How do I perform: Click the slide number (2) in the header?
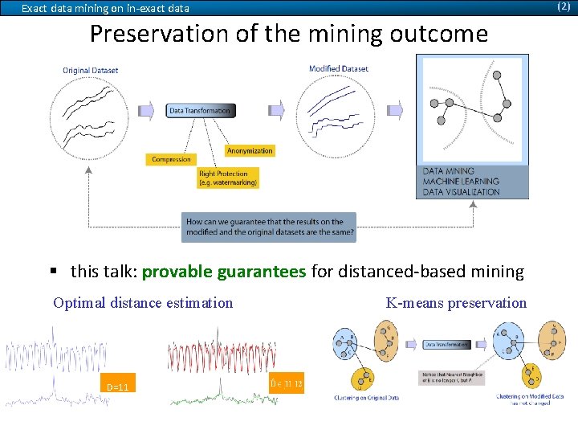point(564,6)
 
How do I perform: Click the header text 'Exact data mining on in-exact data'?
point(105,9)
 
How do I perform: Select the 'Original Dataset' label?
point(90,70)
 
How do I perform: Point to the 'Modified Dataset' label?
point(338,69)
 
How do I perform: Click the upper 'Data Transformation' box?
point(200,111)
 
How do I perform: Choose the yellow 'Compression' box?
point(171,159)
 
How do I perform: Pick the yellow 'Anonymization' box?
point(250,150)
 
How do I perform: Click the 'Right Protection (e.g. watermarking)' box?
point(228,178)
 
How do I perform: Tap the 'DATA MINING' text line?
point(449,171)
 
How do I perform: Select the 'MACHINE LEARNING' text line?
point(461,182)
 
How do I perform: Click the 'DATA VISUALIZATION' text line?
point(461,192)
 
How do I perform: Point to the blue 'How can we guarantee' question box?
point(269,227)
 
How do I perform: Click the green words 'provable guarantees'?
point(224,272)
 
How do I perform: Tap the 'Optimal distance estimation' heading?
point(143,303)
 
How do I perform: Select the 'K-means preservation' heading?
point(456,303)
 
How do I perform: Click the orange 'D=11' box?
point(118,387)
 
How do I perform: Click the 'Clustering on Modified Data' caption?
point(529,396)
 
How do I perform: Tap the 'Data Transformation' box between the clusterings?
point(446,344)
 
